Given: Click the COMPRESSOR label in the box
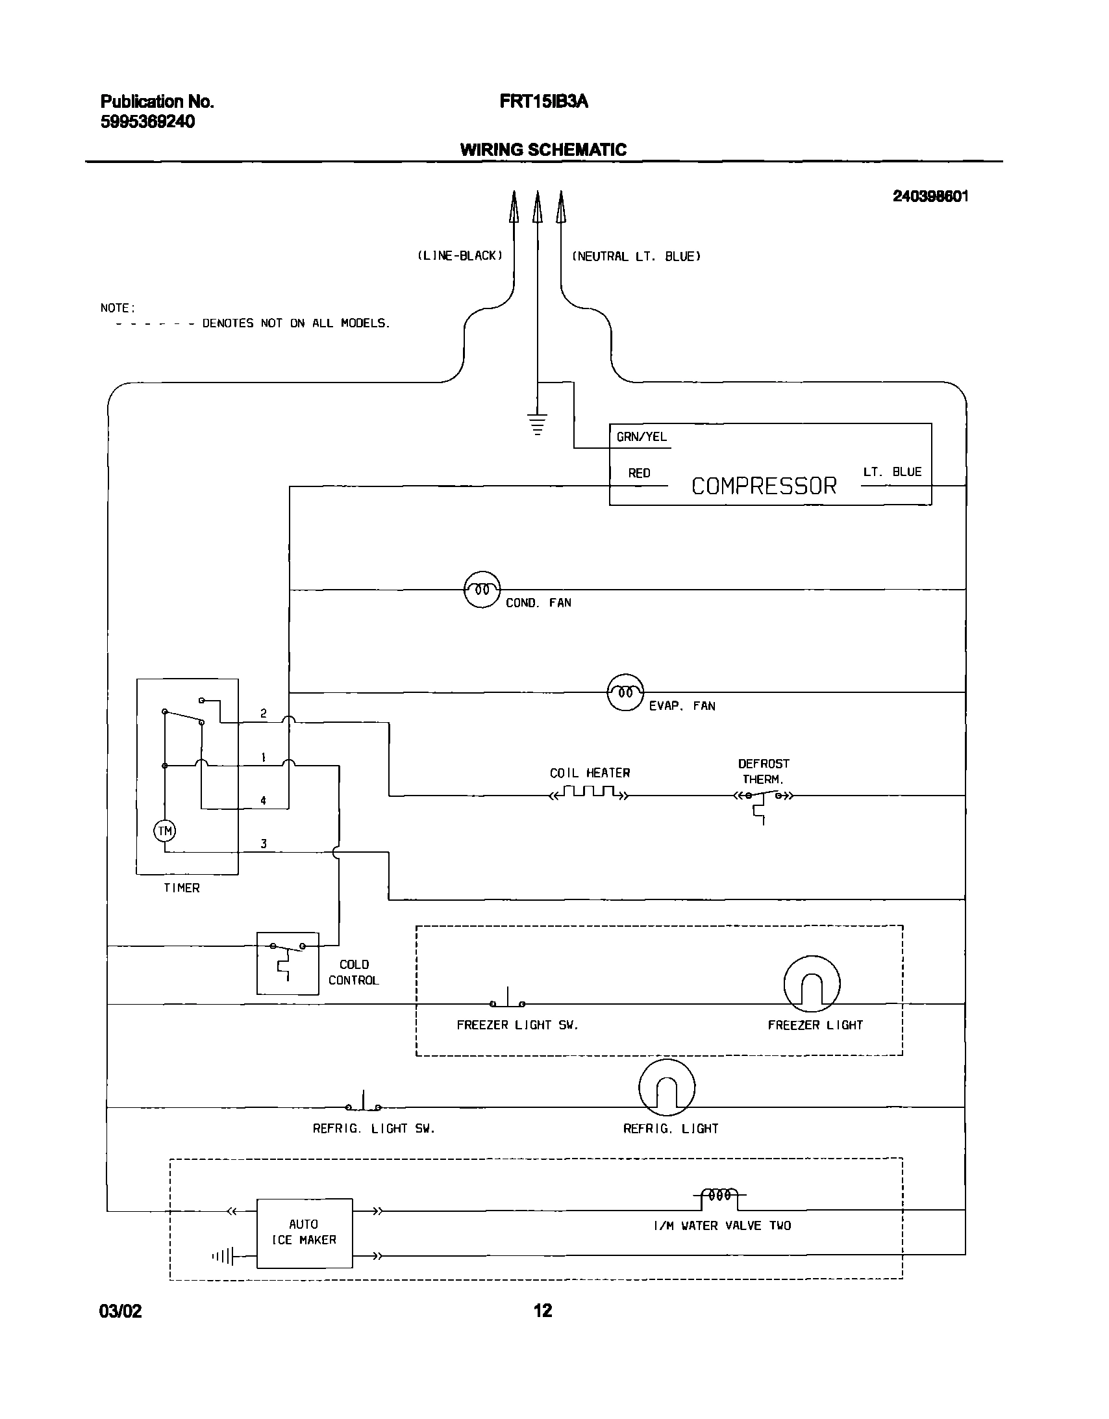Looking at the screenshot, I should [x=764, y=486].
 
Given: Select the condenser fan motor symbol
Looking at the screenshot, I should [x=482, y=590].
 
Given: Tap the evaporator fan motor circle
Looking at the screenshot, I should [x=625, y=692].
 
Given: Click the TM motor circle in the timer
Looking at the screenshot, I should [x=164, y=831].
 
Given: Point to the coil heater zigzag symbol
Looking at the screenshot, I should [x=590, y=793].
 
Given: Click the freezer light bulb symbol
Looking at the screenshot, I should [x=812, y=985].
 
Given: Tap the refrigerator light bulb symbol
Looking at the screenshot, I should [x=667, y=1088].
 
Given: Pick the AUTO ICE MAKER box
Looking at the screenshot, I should [x=304, y=1233].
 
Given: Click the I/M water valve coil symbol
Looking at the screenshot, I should [x=719, y=1196].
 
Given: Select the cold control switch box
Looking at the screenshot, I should [x=288, y=963].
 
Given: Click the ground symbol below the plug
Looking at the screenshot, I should [x=536, y=423].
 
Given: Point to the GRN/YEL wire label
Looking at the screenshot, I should [x=642, y=437].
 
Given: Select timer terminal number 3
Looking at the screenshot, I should [x=263, y=844].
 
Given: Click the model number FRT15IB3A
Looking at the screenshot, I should [x=543, y=101].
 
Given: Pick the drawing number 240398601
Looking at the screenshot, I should [x=930, y=196].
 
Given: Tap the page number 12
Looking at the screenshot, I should [x=542, y=1311].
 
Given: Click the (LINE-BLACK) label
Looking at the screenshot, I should [x=459, y=256].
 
